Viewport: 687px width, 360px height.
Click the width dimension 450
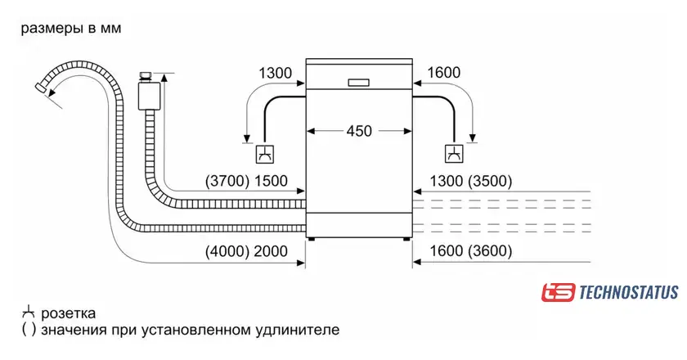point(359,131)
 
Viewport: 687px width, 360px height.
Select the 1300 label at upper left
point(275,73)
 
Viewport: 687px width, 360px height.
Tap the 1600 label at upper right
point(443,73)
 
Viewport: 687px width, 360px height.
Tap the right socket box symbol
point(452,153)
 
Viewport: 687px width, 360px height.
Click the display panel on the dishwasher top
point(359,82)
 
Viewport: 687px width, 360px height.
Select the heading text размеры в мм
point(71,29)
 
